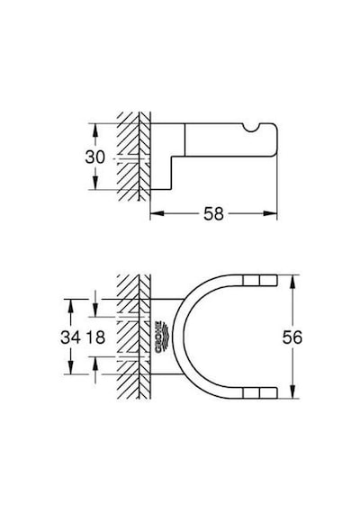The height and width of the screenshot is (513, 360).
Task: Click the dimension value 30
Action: tap(94, 157)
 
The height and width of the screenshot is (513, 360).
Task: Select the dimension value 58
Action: tap(213, 214)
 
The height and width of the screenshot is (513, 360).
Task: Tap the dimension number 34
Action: tap(70, 337)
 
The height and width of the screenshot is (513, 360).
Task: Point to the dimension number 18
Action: tap(95, 337)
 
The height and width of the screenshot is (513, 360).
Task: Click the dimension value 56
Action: tap(292, 337)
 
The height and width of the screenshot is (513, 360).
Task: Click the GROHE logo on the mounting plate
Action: tap(160, 337)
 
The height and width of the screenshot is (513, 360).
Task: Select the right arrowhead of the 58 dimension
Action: tap(270, 213)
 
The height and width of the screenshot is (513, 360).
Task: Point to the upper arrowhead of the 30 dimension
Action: tap(94, 130)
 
